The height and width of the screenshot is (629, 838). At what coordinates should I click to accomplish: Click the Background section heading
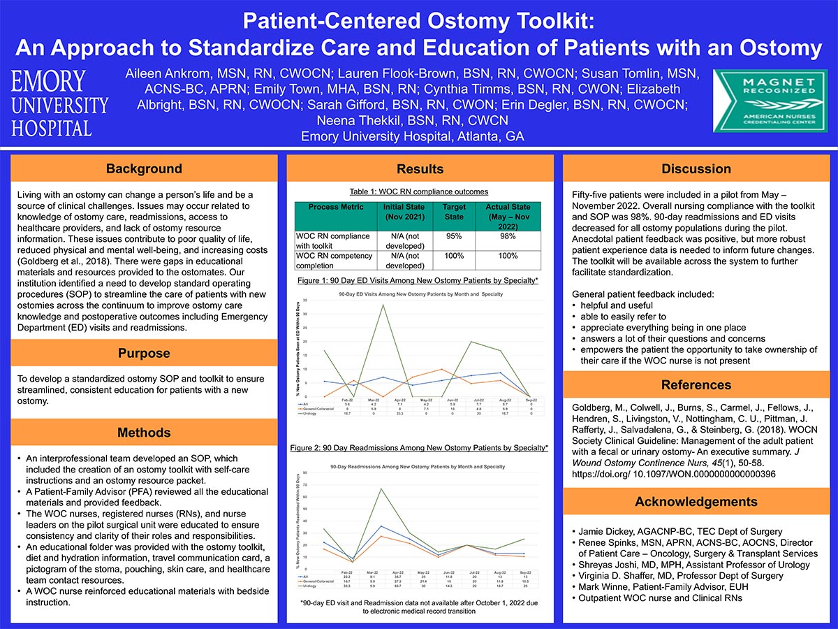pos(144,169)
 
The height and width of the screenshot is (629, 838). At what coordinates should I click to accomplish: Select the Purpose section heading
pos(144,354)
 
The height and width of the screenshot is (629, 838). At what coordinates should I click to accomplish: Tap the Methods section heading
pos(144,433)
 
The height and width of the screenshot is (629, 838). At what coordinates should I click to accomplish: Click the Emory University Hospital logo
pos(59,103)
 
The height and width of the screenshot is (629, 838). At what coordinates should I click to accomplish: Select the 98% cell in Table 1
pos(508,236)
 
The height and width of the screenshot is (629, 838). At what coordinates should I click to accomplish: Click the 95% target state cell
pos(454,236)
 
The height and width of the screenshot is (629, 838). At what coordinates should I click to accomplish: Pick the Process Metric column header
pos(334,208)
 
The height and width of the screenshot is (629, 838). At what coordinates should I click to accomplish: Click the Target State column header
pos(454,212)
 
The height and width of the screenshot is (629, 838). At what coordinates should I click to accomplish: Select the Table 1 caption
pos(419,191)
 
